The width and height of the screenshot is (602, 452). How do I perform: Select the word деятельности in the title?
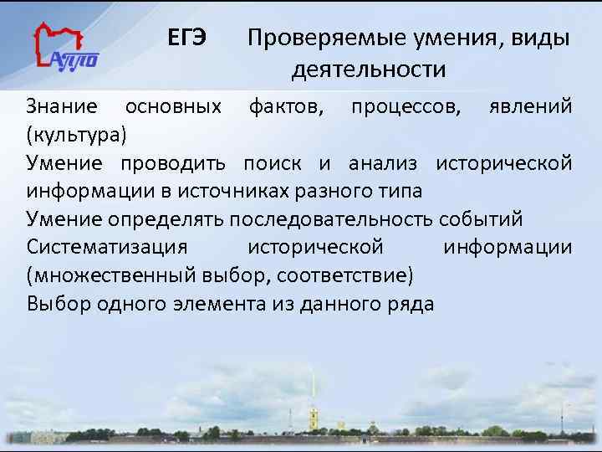point(369,69)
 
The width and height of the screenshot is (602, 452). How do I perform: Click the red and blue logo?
point(64,49)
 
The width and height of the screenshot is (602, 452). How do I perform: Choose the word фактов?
point(283,106)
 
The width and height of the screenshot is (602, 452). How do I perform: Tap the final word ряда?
point(411,304)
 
